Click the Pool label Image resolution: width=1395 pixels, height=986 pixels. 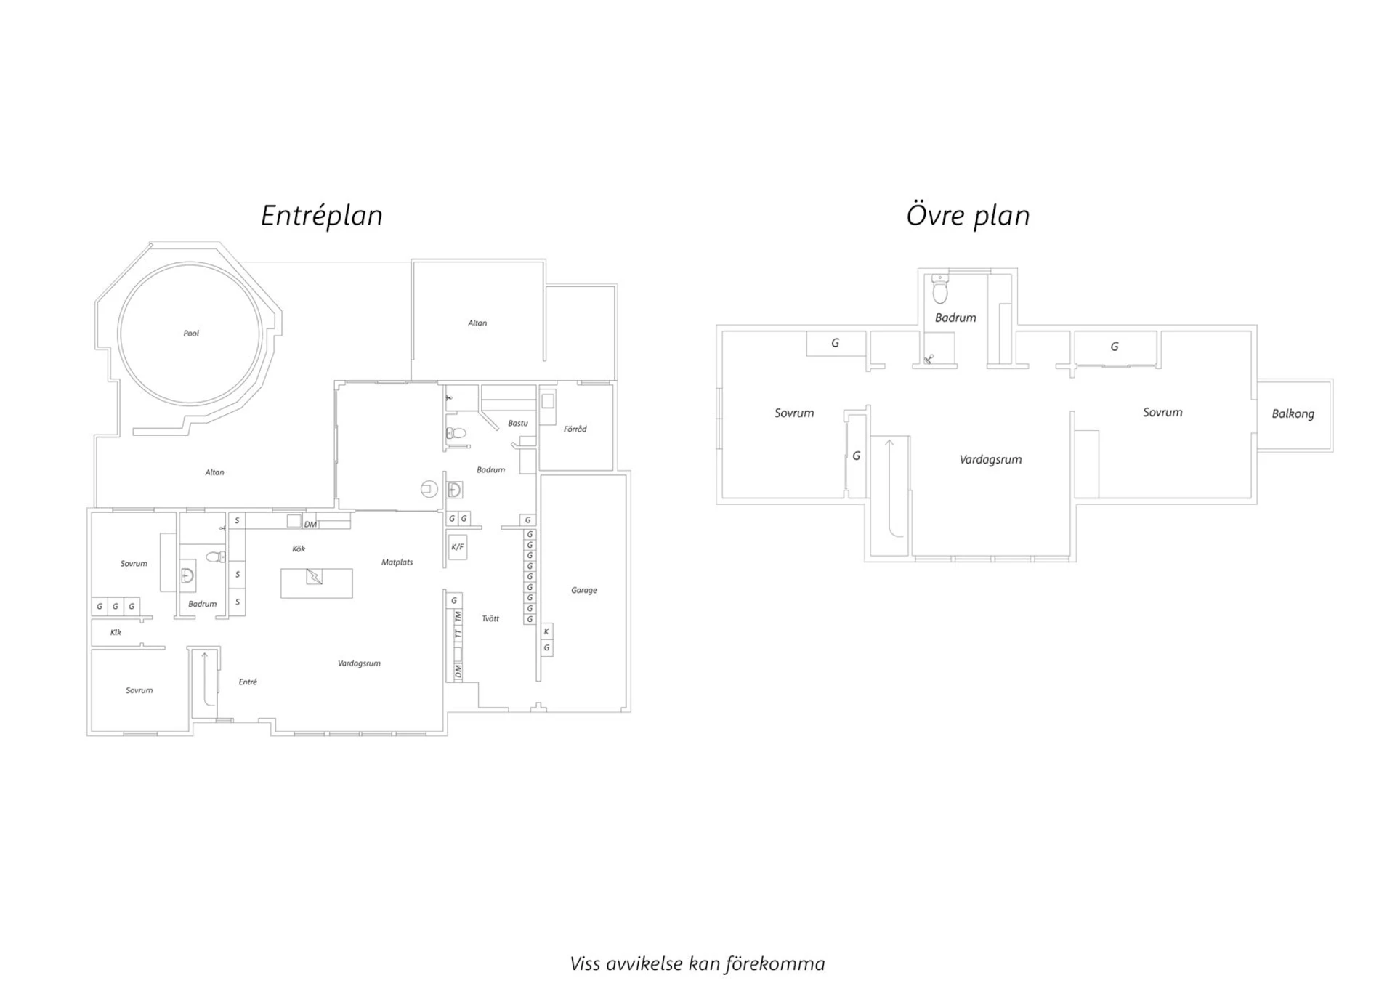click(x=191, y=334)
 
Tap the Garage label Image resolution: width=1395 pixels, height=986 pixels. click(x=584, y=590)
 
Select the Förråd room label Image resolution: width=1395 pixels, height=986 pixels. click(x=575, y=429)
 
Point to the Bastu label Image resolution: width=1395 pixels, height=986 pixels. click(x=518, y=423)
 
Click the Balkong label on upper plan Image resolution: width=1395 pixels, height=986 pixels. click(x=1293, y=414)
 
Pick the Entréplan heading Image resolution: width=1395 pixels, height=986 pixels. click(x=322, y=216)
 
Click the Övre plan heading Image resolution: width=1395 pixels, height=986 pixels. click(x=968, y=216)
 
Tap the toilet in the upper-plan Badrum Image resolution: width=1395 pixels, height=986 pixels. click(x=940, y=289)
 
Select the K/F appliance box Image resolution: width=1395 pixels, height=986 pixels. click(x=457, y=547)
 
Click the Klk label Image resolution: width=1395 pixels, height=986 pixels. click(x=116, y=632)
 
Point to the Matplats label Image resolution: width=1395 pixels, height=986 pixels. click(x=397, y=562)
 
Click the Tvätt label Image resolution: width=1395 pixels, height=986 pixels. click(x=490, y=618)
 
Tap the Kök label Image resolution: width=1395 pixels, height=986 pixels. click(x=299, y=549)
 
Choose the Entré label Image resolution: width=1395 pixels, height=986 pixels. click(x=248, y=682)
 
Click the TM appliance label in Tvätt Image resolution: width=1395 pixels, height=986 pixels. click(x=458, y=616)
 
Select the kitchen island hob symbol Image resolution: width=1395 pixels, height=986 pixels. click(x=315, y=576)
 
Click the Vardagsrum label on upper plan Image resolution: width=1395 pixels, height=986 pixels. click(x=990, y=459)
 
